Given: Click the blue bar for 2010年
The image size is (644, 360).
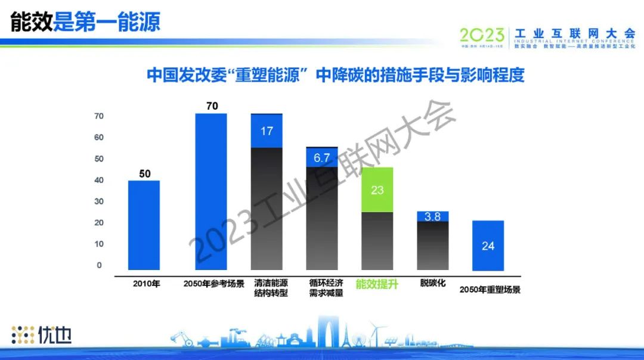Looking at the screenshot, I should click(x=144, y=225).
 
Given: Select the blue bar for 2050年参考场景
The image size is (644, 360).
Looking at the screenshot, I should click(x=211, y=191).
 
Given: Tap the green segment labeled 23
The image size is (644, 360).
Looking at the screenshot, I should click(x=377, y=190).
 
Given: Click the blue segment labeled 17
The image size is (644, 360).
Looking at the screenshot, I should click(x=267, y=131).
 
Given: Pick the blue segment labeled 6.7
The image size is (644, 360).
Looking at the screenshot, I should click(x=322, y=157).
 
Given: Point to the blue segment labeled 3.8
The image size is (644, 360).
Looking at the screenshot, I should click(x=432, y=216).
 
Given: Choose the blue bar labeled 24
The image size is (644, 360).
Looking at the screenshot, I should click(x=488, y=245).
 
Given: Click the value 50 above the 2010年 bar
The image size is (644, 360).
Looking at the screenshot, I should click(x=145, y=174).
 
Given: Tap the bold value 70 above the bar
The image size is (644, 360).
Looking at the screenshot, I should click(x=212, y=106).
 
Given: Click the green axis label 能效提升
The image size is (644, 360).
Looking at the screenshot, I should click(x=376, y=284).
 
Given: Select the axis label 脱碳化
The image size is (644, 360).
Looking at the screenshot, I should click(x=432, y=283).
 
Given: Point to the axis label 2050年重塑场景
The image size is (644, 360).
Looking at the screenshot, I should click(x=490, y=290).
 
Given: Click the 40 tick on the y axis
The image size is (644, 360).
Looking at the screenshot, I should click(x=99, y=180).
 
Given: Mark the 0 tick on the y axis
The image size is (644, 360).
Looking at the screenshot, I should click(x=100, y=265).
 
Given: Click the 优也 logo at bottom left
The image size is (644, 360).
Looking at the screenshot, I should click(x=42, y=335).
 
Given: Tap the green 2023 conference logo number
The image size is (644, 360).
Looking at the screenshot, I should click(x=482, y=35).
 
